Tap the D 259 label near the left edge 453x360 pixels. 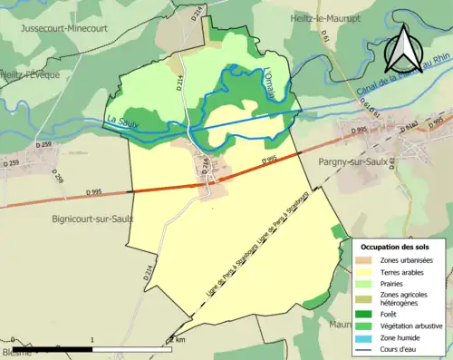[11, 163]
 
